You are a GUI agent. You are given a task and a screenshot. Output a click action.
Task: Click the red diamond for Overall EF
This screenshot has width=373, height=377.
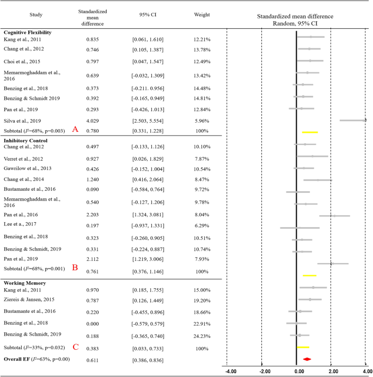tap(307, 359)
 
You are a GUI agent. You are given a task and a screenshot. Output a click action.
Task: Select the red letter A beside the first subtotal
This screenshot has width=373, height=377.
tap(75, 130)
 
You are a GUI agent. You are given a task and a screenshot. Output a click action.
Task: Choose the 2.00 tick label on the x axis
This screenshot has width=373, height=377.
tap(333, 372)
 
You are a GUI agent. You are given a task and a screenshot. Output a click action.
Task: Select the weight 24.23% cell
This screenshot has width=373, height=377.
tap(194, 333)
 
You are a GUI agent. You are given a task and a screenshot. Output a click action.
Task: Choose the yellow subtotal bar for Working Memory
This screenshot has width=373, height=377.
tap(303, 346)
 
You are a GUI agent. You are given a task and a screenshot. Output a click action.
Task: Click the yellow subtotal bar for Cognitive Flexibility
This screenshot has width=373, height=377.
tap(310, 132)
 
